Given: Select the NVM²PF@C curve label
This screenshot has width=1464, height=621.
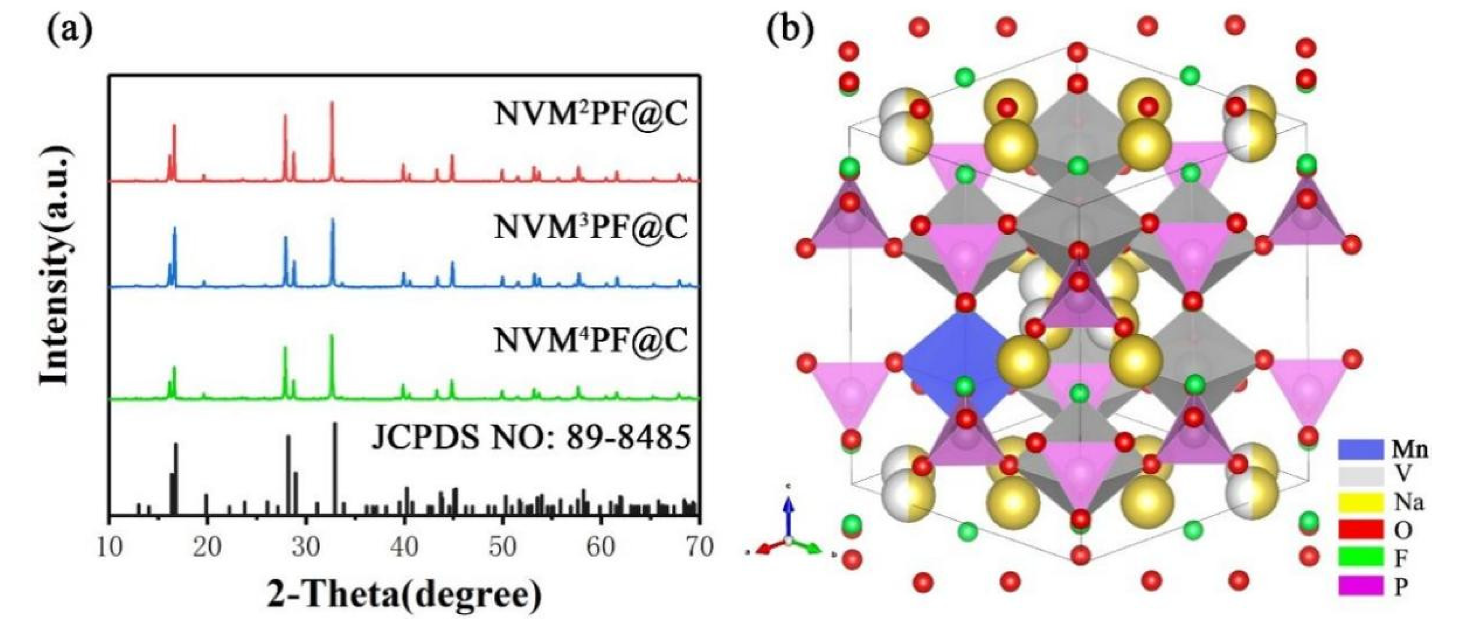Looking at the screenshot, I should tap(591, 113).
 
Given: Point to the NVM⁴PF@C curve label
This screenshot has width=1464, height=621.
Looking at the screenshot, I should tap(591, 340).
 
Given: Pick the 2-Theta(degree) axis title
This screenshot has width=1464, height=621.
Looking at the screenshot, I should tap(404, 596).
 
